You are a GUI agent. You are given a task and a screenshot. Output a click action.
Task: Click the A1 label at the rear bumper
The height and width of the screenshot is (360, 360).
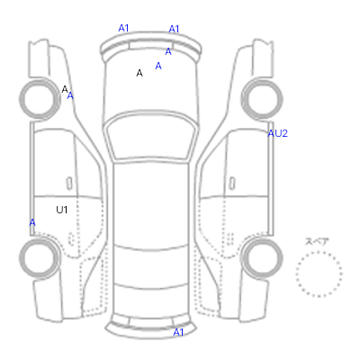(178, 332)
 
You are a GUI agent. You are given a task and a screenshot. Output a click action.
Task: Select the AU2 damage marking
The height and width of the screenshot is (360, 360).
(277, 133)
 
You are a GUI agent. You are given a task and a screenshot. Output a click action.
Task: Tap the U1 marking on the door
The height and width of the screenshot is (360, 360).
(62, 210)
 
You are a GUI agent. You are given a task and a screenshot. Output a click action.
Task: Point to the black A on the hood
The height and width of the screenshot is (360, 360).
(139, 73)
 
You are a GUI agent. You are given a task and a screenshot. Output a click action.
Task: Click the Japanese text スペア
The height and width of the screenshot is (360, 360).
(317, 241)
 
